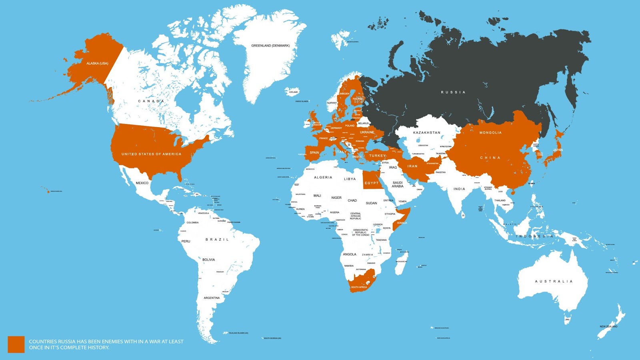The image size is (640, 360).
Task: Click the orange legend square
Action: (x=16, y=344)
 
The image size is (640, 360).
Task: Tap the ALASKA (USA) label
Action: (x=97, y=63)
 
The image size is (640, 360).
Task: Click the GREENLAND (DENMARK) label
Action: (x=270, y=46)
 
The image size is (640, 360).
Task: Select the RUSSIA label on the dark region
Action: (x=453, y=92)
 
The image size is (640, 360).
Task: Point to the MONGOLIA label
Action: (x=490, y=133)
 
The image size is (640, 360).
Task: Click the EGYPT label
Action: (x=371, y=183)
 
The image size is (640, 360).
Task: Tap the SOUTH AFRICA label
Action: (x=359, y=287)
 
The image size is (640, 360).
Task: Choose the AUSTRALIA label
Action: (x=554, y=282)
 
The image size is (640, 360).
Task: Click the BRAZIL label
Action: (x=217, y=240)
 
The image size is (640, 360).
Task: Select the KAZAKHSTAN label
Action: (x=426, y=133)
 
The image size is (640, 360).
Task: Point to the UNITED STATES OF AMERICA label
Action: (x=151, y=154)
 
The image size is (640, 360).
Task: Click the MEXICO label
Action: (x=142, y=183)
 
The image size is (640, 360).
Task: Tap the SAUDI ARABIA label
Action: (x=398, y=184)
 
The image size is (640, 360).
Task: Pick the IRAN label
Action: (x=412, y=166)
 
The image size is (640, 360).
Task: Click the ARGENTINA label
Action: (x=212, y=298)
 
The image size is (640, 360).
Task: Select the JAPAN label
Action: (x=558, y=150)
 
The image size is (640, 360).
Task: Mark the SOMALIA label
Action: (x=402, y=223)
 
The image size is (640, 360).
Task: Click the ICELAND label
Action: (x=294, y=92)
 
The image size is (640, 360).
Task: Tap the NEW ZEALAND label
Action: (x=608, y=327)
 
